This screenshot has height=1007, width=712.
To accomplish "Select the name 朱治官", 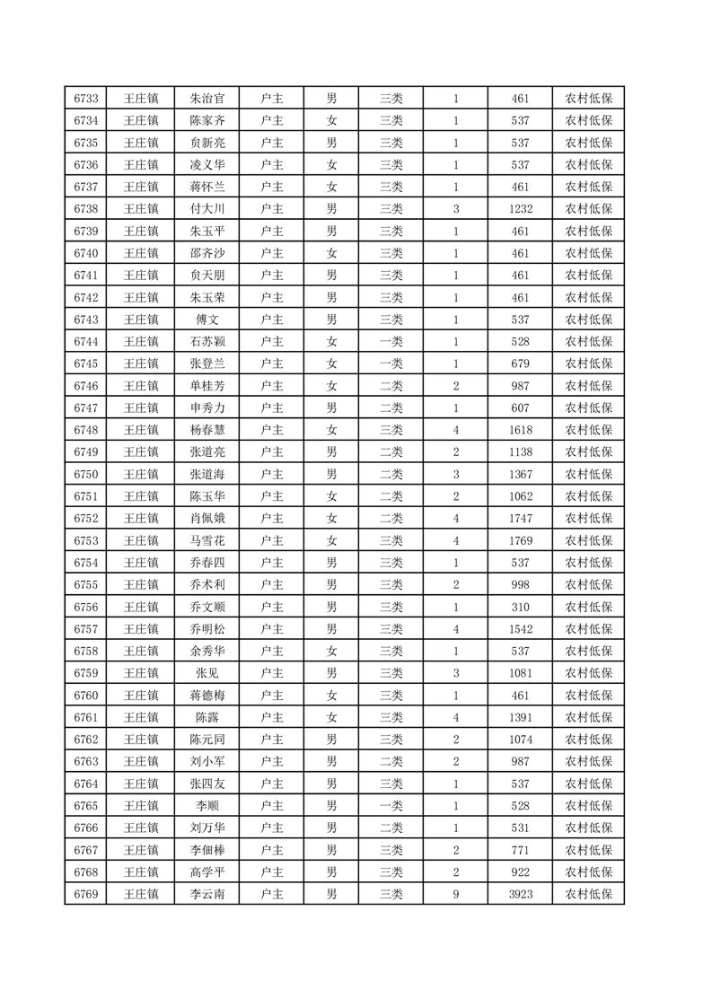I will point(207,99).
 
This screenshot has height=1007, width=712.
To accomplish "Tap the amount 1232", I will point(520,209).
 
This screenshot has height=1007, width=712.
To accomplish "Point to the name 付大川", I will point(207,209).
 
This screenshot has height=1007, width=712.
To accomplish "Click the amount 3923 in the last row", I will point(520,893).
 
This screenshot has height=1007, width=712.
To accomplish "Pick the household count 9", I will point(456,893).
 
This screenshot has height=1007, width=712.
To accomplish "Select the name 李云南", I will point(207,893).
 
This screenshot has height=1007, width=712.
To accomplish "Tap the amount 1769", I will point(520,540).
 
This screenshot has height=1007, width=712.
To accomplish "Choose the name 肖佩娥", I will point(207,518).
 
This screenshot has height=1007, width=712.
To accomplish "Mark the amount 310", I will point(520,607).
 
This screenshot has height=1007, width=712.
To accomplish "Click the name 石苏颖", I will point(207,341).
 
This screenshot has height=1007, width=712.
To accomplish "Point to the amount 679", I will point(520,363).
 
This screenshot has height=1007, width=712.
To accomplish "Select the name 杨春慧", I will point(207,430).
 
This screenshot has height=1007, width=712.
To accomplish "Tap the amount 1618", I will point(520,430).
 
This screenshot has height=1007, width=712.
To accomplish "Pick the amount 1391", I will point(520,717).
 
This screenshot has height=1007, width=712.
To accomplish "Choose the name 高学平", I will point(207,871).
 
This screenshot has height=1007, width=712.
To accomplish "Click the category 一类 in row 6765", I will point(391,805).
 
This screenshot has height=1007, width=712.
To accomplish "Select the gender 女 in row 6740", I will point(331,253).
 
